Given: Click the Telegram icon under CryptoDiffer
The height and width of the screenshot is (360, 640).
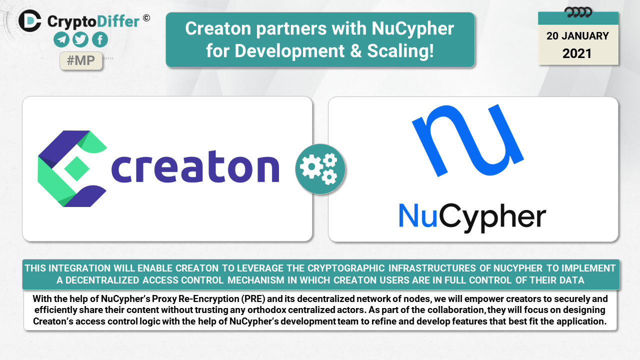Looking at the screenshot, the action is pos(61,39).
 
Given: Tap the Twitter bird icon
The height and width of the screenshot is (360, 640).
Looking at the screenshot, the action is pos(80,39).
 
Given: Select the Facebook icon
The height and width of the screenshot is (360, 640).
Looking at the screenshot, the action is pos(100,39).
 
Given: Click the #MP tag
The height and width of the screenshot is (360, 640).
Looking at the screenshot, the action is pos(81,60).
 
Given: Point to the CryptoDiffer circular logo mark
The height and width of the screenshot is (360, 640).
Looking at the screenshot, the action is pos(30,20).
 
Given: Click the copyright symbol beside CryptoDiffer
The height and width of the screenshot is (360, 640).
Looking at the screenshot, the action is pos(146,18).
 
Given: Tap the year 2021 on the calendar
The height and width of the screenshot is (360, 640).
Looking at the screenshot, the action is pos(577,53).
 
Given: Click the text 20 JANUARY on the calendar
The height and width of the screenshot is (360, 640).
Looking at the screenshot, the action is pos(577,36).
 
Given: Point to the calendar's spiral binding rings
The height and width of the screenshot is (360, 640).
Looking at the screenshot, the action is pos(578,12).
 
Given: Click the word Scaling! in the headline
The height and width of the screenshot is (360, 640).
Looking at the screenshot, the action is pos(400,51).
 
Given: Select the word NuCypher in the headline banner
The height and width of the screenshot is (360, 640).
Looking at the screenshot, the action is pos(412,28).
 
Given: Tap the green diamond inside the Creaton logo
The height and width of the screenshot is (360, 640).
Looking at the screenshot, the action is pos(76,168).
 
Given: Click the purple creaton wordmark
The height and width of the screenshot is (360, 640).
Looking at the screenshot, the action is pos(195,166).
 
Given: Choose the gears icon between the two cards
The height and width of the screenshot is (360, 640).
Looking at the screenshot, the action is pos(320,169).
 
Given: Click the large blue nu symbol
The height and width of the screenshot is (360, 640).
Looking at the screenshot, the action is pos(468,140).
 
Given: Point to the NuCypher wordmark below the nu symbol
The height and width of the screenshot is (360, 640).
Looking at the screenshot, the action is pos(472,217).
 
